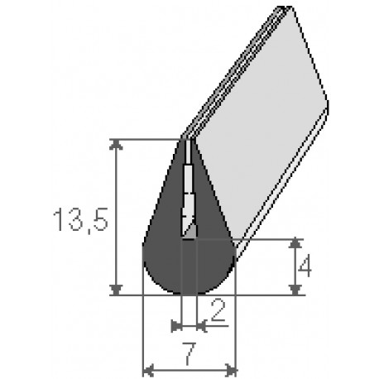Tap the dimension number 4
point(305,266)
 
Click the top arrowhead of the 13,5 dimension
point(117,145)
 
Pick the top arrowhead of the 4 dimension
point(295,243)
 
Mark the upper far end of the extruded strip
point(286,10)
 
